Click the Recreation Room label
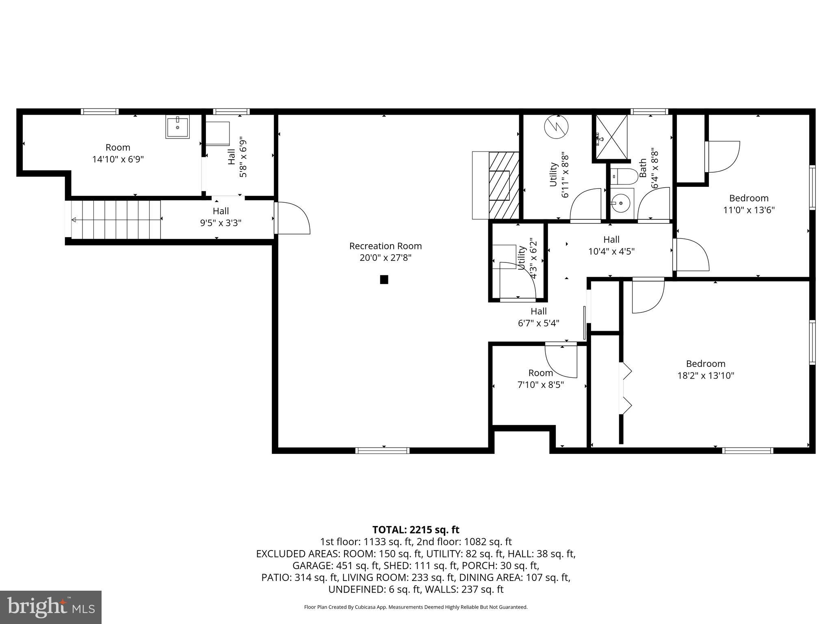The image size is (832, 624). tap(385, 246)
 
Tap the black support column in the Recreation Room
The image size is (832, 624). tap(384, 279)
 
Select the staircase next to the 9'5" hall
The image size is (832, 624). tap(116, 220)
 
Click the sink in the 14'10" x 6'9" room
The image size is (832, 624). tap(178, 127)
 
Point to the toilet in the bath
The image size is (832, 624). tap(621, 176)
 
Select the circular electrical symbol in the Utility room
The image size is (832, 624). tap(556, 126)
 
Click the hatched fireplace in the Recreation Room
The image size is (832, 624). tap(504, 185)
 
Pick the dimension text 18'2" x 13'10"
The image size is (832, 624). tap(706, 375)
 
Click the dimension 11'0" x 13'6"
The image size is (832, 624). tap(748, 210)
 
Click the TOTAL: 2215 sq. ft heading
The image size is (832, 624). tap(416, 530)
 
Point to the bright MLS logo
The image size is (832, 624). tap(51, 607)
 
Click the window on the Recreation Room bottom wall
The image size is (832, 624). tap(382, 450)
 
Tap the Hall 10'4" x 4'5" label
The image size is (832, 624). tap(611, 245)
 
